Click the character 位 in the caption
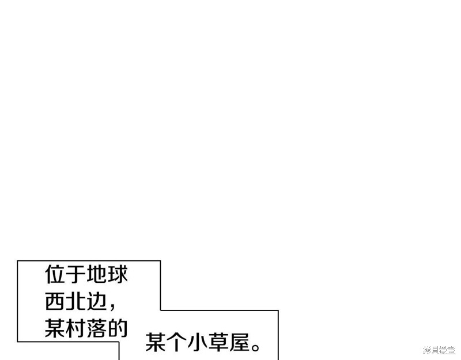55,275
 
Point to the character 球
118,275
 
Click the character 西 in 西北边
55,301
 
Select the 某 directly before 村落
55,328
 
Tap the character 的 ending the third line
118,328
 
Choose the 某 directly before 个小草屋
156,342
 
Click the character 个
177,342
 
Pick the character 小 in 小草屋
198,342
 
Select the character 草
218,342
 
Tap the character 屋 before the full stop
239,342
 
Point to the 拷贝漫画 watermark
439,350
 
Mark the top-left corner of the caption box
17,260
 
